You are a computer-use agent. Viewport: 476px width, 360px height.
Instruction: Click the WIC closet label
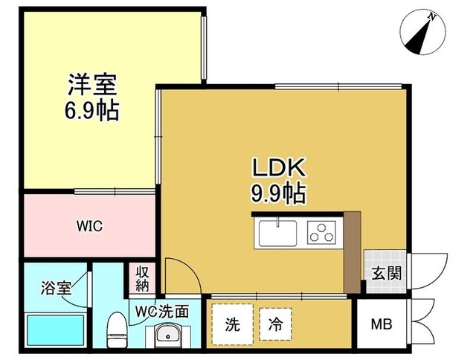click(88, 226)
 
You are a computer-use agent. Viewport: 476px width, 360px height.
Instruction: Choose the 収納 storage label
click(142, 278)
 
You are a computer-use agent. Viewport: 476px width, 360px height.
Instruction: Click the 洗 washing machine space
click(233, 324)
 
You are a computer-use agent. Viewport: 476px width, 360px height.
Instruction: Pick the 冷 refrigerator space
click(274, 324)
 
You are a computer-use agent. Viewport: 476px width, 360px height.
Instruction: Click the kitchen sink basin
click(277, 232)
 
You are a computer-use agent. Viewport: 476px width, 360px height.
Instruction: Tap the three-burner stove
click(322, 233)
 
